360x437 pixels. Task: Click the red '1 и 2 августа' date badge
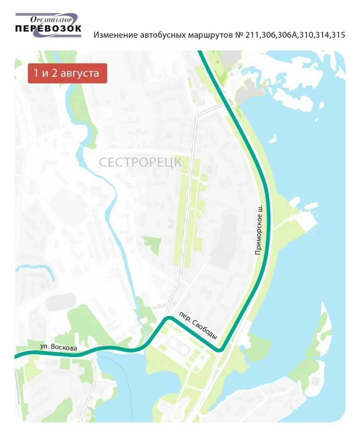[67, 73]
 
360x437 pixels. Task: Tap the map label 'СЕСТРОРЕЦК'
[140, 162]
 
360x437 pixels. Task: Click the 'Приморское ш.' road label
[259, 230]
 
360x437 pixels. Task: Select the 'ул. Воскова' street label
[59, 347]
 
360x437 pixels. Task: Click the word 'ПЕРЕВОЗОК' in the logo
[48, 28]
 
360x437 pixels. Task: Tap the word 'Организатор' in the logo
[51, 20]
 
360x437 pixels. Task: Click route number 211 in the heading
[252, 35]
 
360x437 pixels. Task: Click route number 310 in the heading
[306, 35]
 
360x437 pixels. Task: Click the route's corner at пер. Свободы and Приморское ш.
[220, 350]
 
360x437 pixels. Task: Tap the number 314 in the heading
[322, 35]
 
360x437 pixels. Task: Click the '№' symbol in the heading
[239, 35]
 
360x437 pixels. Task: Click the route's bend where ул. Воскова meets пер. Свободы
[169, 318]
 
